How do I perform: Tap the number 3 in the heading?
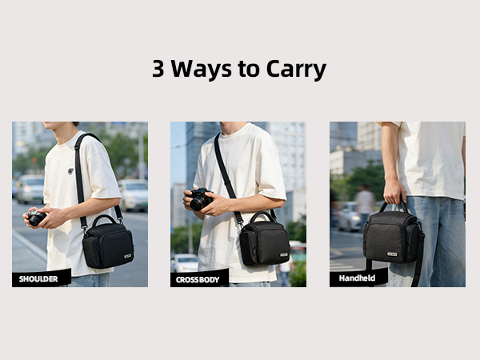coord(159,69)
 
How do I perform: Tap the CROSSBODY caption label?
coord(199,278)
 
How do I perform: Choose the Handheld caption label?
coord(358,278)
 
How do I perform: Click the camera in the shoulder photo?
coord(37,218)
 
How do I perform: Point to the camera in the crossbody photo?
coord(200,199)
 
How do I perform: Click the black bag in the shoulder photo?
coord(107,244)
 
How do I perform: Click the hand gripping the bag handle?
coord(394,192)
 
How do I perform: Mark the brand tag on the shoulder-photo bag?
coord(126,256)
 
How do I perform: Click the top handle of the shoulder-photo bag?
coord(105,218)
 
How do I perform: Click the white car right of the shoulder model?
coord(134,194)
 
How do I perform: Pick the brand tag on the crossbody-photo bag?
coord(283,255)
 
